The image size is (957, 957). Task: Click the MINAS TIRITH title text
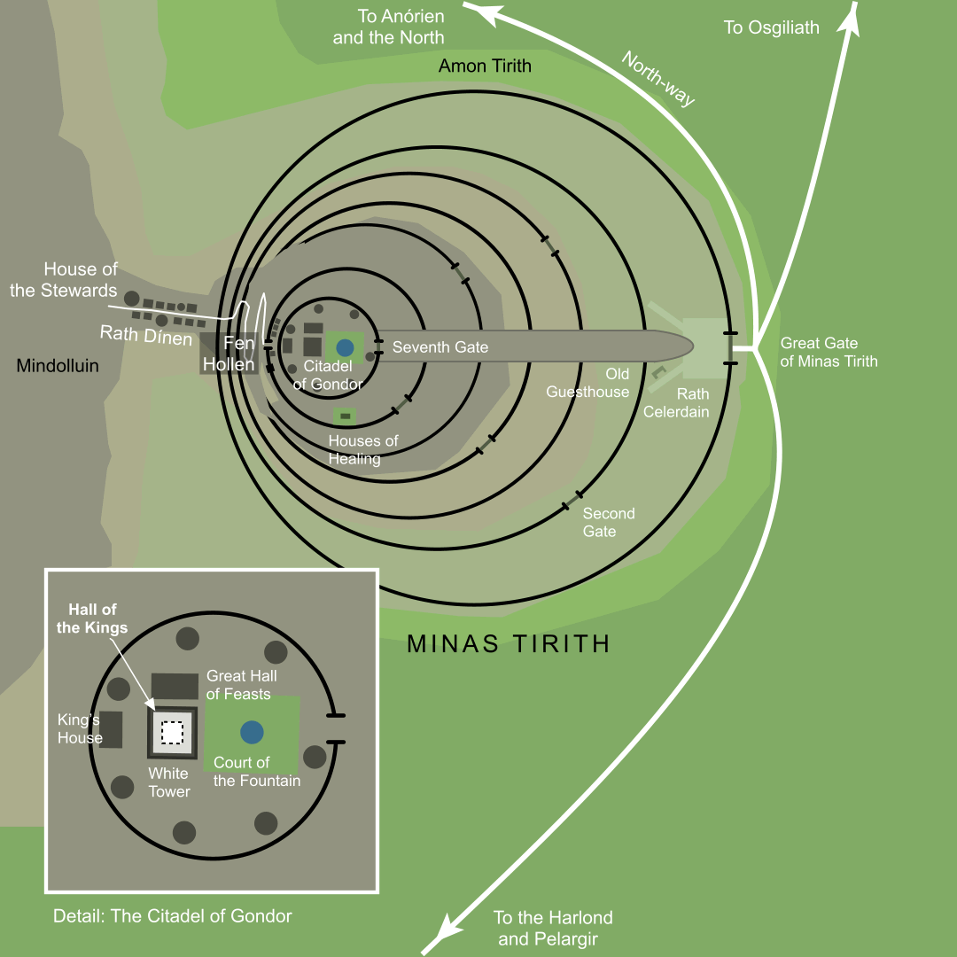click(509, 644)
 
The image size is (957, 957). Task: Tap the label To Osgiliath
click(771, 27)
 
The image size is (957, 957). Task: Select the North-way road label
click(657, 79)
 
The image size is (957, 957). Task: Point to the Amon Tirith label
click(485, 66)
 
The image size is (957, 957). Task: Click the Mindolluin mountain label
click(58, 366)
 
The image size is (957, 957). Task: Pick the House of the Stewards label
click(64, 280)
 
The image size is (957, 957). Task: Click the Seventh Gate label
click(440, 347)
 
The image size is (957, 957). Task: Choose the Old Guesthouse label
click(587, 384)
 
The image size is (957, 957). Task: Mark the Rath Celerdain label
click(676, 403)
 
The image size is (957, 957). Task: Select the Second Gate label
click(608, 522)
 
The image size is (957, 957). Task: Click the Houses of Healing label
click(363, 449)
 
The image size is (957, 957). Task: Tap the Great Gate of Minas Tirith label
click(829, 352)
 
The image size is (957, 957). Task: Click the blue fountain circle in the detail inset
click(252, 732)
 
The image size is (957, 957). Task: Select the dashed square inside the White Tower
click(172, 733)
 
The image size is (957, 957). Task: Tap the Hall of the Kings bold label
click(97, 619)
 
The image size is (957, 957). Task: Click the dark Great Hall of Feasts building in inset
click(175, 686)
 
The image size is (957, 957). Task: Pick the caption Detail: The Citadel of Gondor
click(172, 915)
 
